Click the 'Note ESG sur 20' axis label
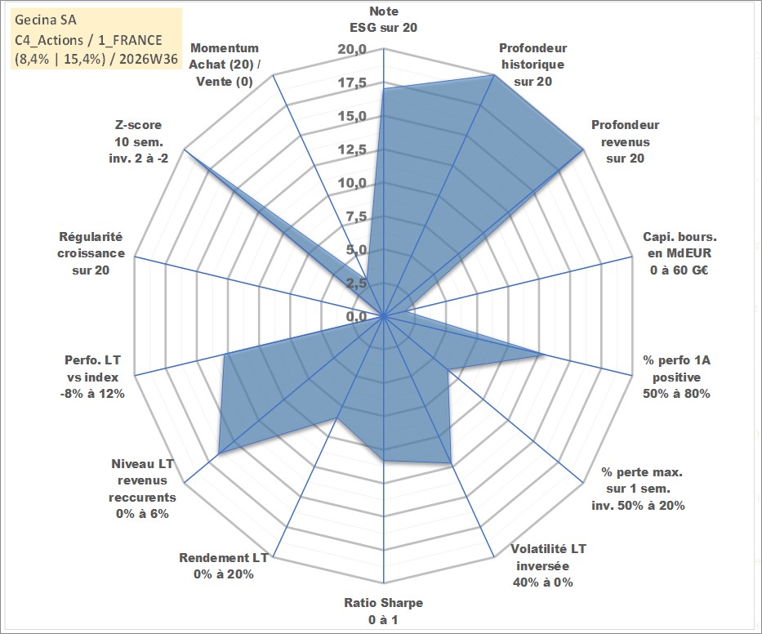(x=383, y=20)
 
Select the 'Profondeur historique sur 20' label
(x=533, y=65)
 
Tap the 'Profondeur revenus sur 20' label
(x=625, y=141)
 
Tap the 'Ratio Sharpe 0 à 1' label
(x=383, y=611)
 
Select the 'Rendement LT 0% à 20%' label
(x=224, y=566)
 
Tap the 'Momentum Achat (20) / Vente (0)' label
(x=224, y=65)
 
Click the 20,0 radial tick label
(x=352, y=50)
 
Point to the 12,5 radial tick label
(x=352, y=150)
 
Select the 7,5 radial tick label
(x=356, y=217)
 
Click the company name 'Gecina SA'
(x=46, y=20)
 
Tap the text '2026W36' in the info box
(x=149, y=59)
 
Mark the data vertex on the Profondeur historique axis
(x=493, y=75)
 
